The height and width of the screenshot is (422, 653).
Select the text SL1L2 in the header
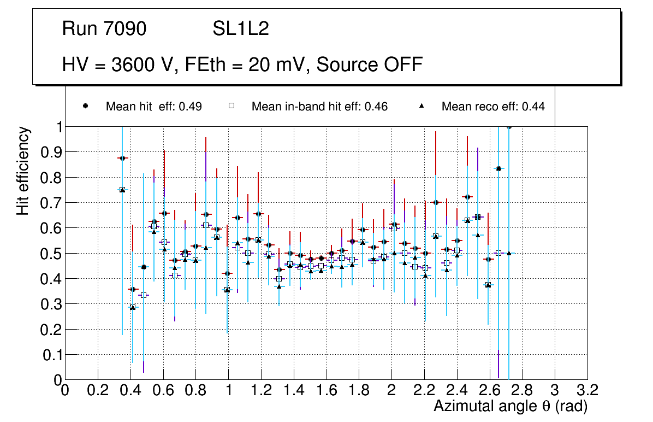pyautogui.click(x=241, y=29)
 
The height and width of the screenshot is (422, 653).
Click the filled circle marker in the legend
pyautogui.click(x=86, y=106)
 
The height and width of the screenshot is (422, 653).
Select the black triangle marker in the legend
pyautogui.click(x=422, y=106)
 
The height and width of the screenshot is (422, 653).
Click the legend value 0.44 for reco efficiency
pyautogui.click(x=533, y=107)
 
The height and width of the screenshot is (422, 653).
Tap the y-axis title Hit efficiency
pyautogui.click(x=23, y=171)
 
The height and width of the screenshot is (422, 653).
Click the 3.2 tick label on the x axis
pyautogui.click(x=587, y=390)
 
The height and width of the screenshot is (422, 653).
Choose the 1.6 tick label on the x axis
pyautogui.click(x=326, y=390)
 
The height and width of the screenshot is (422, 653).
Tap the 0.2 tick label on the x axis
pyautogui.click(x=98, y=390)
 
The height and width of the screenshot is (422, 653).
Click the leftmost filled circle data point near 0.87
pyautogui.click(x=122, y=158)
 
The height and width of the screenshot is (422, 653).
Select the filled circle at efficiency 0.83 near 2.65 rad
pyautogui.click(x=498, y=168)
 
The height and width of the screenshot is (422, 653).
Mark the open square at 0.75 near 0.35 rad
pyautogui.click(x=122, y=190)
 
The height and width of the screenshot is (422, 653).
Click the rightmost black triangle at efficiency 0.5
pyautogui.click(x=509, y=253)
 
